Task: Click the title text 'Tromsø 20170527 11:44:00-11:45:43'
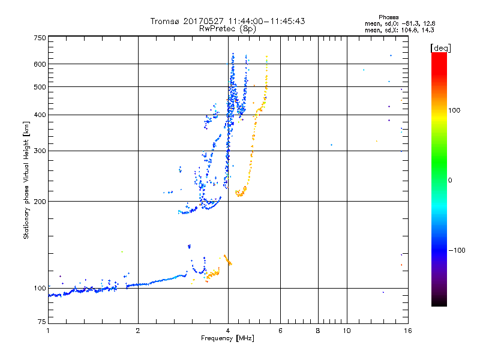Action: (227, 21)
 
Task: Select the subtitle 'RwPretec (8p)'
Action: (227, 28)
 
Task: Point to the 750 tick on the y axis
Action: (40, 38)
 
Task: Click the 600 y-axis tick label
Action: (40, 64)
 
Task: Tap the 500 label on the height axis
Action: (40, 87)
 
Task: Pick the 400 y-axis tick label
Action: (40, 115)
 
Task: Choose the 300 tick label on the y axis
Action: (40, 151)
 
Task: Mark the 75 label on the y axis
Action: (41, 323)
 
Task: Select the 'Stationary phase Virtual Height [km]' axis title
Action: (26, 180)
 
